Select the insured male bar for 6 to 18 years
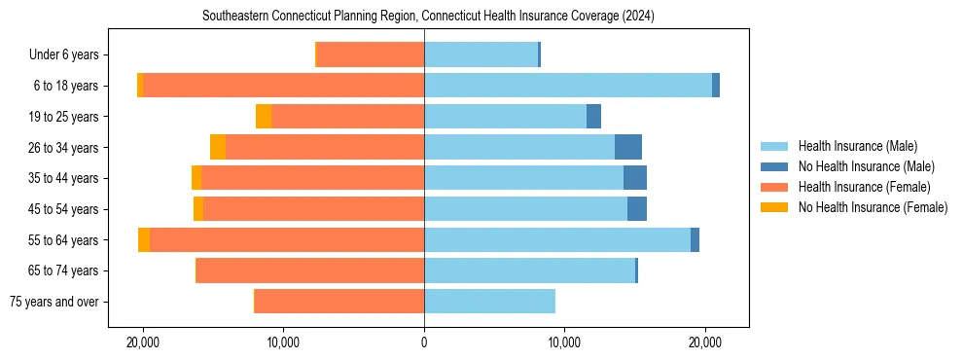point(568,86)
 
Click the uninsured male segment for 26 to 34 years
point(628,147)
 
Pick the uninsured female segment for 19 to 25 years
point(264,117)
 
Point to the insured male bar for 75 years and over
point(489,302)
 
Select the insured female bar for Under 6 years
point(371,54)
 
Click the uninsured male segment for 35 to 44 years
point(635,178)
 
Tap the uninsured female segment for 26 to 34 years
point(218,147)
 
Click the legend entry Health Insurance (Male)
point(857,146)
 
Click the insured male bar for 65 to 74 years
point(529,270)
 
